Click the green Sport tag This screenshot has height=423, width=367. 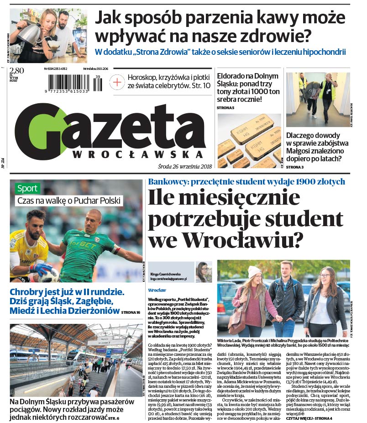pyautogui.click(x=27, y=188)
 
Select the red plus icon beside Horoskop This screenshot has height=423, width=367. pyautogui.click(x=117, y=82)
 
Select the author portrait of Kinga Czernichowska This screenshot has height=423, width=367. pyautogui.click(x=203, y=272)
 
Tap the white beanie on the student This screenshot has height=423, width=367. pyautogui.click(x=255, y=272)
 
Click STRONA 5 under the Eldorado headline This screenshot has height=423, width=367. pyautogui.click(x=225, y=107)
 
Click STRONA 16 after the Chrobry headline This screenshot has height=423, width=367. pyautogui.click(x=131, y=312)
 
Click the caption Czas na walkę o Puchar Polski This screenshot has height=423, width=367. pyautogui.click(x=68, y=200)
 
